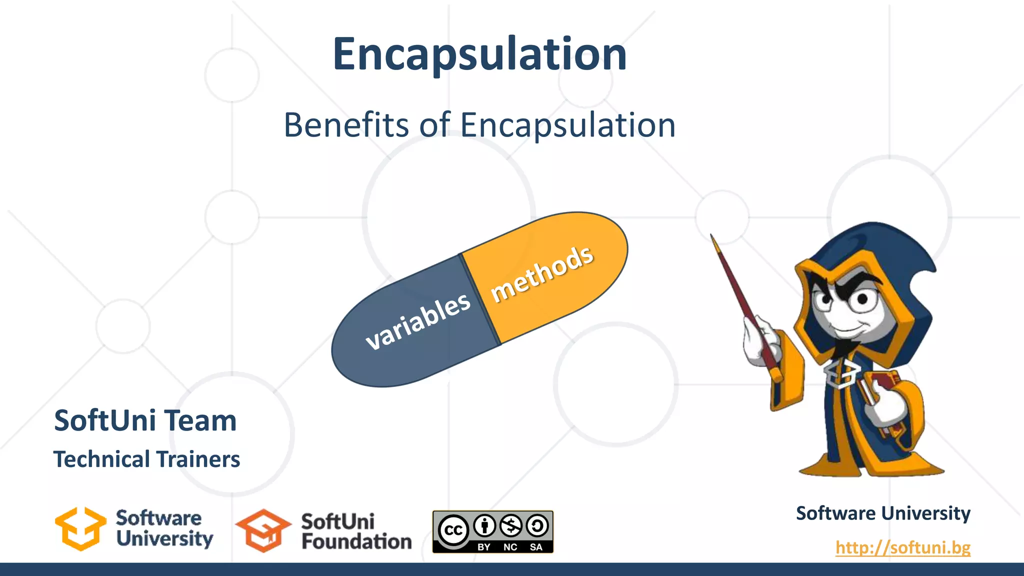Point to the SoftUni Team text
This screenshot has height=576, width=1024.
[145, 420]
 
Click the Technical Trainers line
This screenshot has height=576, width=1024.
[146, 459]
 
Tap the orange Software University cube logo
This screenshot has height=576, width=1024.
[80, 529]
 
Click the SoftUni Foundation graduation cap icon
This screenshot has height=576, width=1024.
[263, 531]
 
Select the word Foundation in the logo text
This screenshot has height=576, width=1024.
[356, 542]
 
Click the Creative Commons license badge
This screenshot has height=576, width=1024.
[492, 531]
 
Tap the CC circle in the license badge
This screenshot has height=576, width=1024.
[453, 530]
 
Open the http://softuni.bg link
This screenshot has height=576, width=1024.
[902, 547]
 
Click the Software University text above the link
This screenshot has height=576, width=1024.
[883, 513]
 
